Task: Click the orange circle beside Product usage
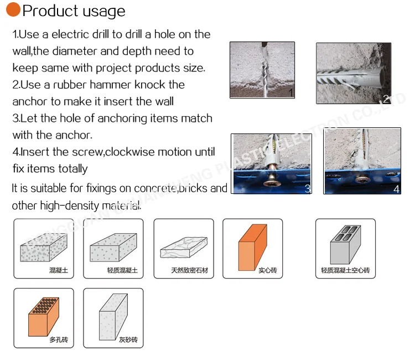[x=12, y=10]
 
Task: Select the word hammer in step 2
[x=129, y=85]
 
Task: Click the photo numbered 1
[x=262, y=70]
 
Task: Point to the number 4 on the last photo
[x=396, y=189]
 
